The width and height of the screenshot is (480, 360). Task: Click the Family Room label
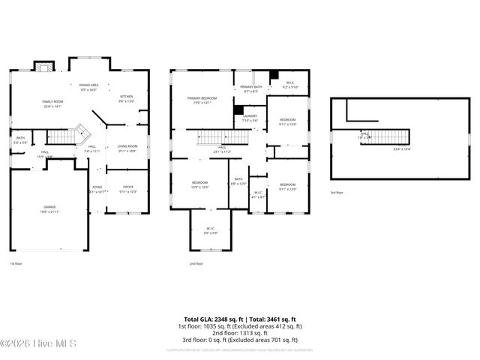tap(52, 103)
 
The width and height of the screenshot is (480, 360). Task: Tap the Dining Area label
tap(89, 87)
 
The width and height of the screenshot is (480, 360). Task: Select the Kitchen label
tap(127, 98)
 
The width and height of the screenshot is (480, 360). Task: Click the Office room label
tap(127, 189)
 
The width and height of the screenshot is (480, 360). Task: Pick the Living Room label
tap(127, 148)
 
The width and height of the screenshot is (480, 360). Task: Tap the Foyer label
tap(97, 189)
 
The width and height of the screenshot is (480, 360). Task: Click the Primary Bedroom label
tap(202, 100)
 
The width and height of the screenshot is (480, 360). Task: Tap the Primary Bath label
tap(250, 89)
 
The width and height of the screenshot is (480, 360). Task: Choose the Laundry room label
tap(250, 118)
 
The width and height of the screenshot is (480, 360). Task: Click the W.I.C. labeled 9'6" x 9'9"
tap(206, 233)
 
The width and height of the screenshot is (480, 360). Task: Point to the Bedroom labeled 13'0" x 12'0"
tap(199, 185)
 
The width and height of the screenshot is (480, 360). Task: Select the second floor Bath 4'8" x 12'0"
tap(238, 181)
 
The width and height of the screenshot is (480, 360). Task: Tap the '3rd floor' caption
tap(337, 193)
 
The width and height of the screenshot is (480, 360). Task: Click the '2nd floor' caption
tap(196, 264)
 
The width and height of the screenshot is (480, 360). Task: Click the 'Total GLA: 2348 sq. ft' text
tap(211, 319)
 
